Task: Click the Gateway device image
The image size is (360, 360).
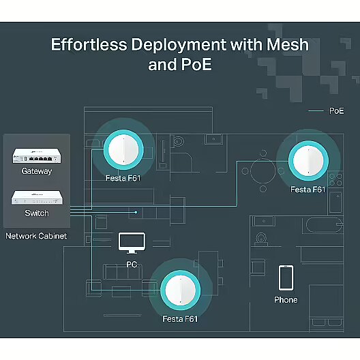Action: point(37,155)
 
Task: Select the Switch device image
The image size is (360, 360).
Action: point(37,197)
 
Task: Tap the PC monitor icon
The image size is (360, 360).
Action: point(132,243)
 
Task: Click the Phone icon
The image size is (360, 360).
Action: point(286,277)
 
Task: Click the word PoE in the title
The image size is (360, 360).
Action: point(196,65)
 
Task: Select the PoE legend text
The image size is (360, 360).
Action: point(337,111)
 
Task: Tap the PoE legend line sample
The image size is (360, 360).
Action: point(316,111)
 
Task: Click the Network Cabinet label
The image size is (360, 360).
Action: point(36,236)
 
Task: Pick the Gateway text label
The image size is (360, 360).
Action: point(37,171)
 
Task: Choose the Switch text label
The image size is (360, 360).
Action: point(37,213)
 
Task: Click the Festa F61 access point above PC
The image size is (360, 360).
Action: point(123,149)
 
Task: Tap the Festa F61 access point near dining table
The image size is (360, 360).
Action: point(308,161)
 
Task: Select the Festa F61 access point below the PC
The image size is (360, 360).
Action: point(181,290)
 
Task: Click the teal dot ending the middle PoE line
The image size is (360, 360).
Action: point(136,212)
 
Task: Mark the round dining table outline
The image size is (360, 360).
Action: point(263,171)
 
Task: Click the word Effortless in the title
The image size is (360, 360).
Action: point(89,44)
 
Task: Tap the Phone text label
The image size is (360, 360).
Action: point(286,300)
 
